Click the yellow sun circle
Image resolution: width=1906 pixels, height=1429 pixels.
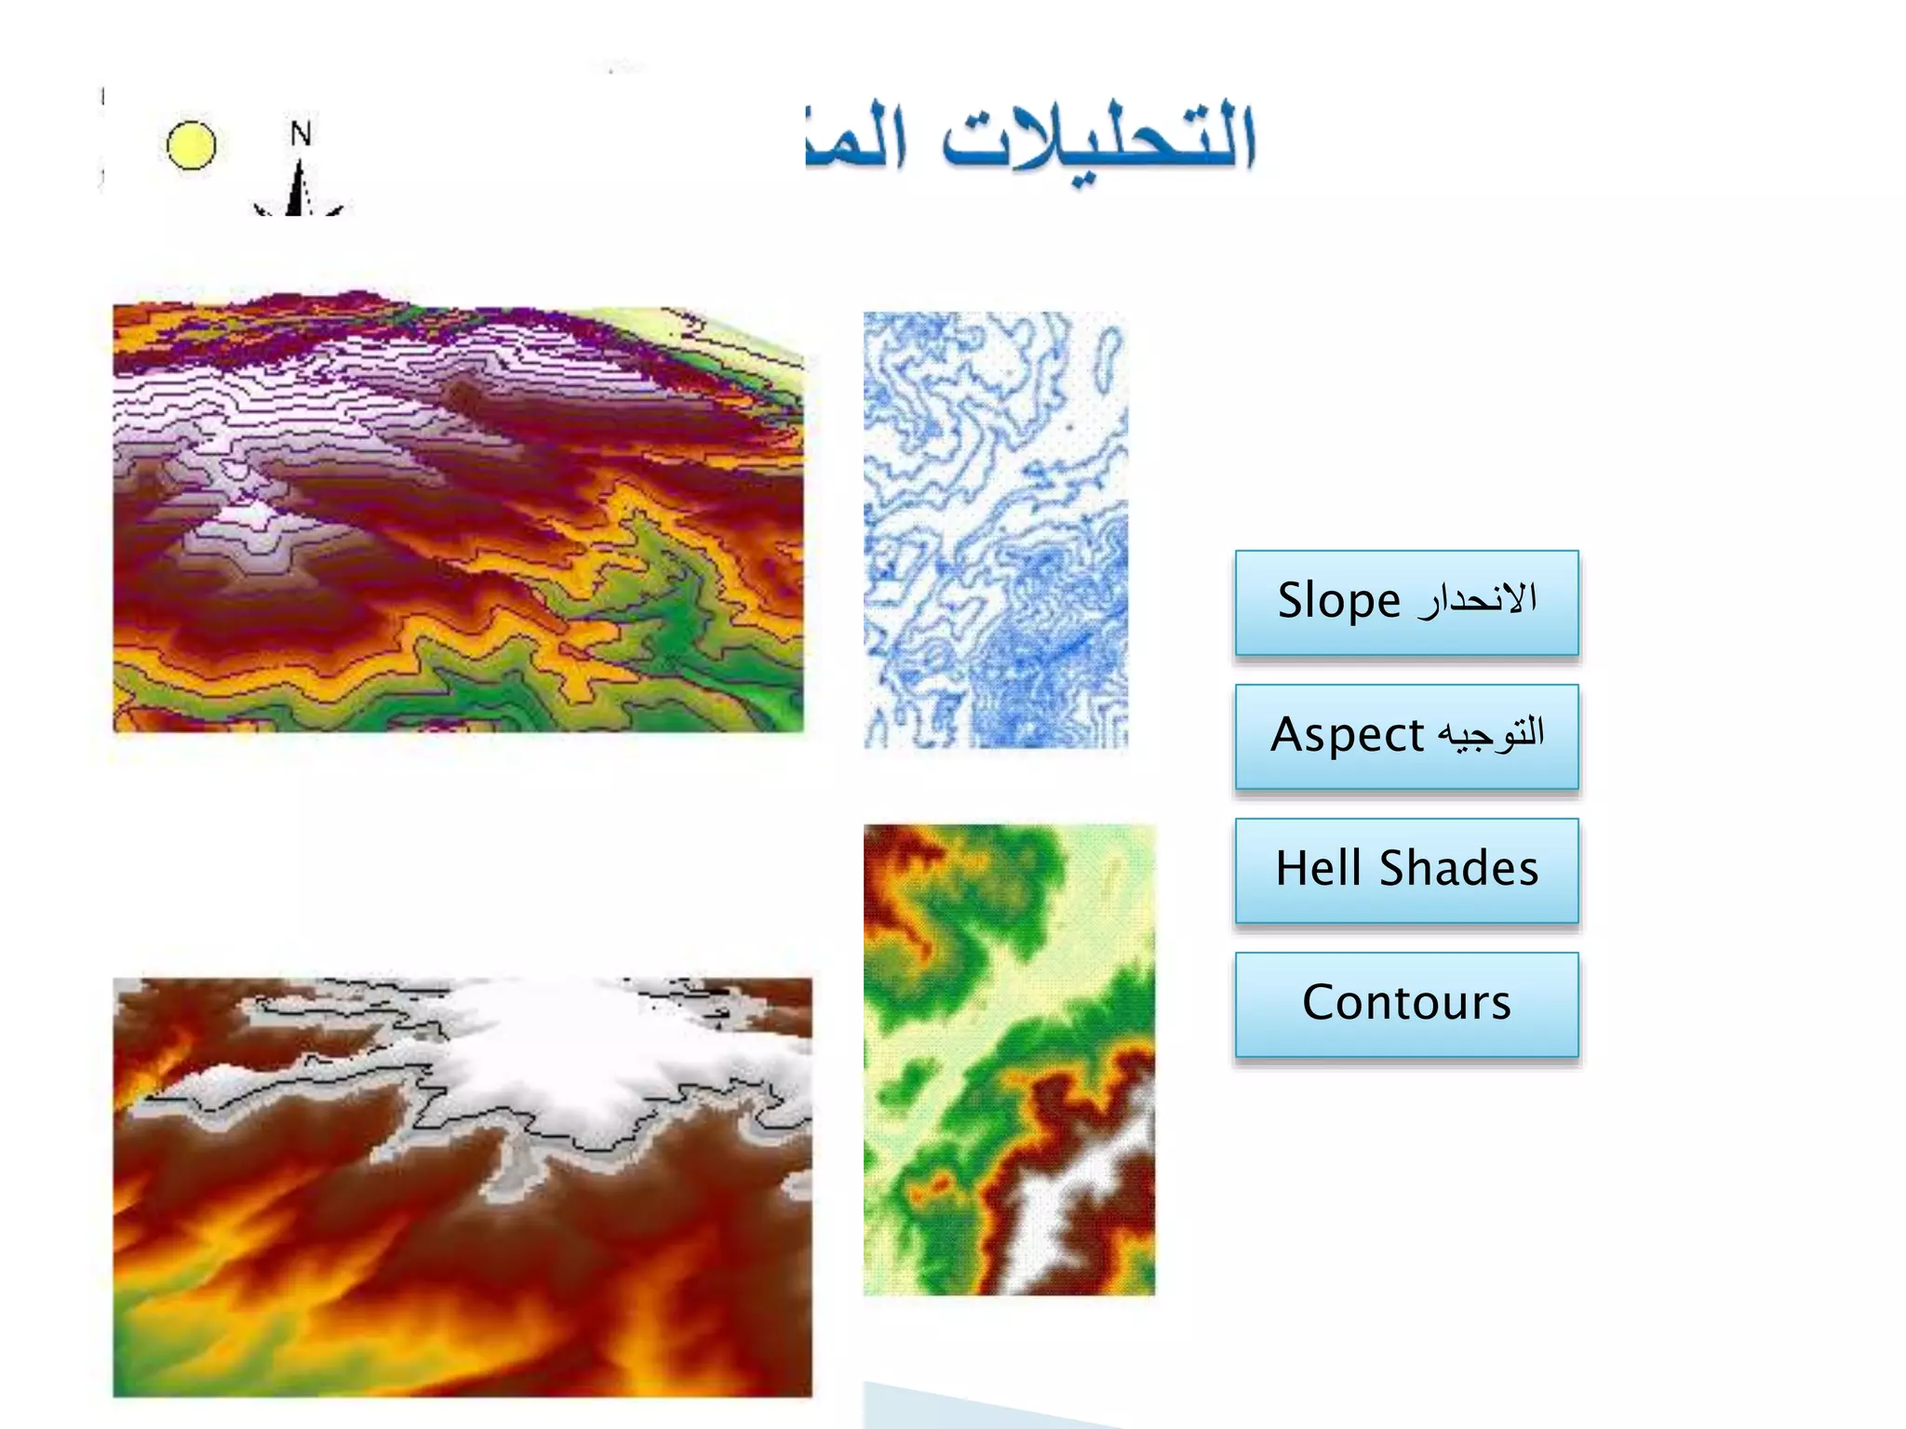[x=191, y=146]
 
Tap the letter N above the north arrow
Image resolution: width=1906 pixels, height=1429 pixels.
[x=300, y=134]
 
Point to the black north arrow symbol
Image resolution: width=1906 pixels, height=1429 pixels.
[x=298, y=191]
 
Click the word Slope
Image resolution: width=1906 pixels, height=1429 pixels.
[x=1338, y=601]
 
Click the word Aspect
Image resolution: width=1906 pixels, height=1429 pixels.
[x=1347, y=735]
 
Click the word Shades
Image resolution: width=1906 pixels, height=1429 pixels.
[x=1458, y=869]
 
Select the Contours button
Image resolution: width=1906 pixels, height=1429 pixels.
[x=1406, y=1003]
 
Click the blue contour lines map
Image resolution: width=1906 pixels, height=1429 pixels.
[x=995, y=529]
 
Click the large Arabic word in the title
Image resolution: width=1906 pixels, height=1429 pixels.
[x=1098, y=140]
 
